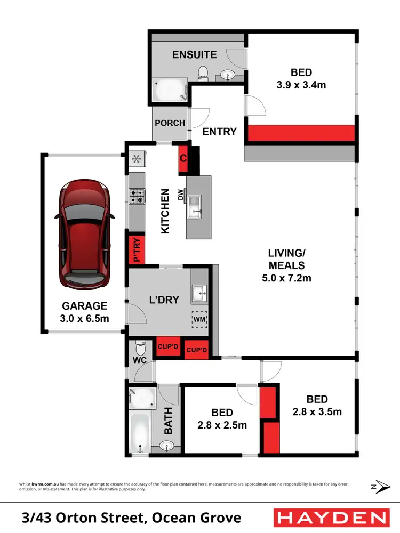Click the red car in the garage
pyautogui.click(x=85, y=235)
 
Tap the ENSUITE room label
pyautogui.click(x=194, y=54)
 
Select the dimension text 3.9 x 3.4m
pyautogui.click(x=301, y=85)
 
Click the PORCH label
pyautogui.click(x=170, y=123)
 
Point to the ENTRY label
pyautogui.click(x=219, y=131)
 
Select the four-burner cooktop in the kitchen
pyautogui.click(x=137, y=196)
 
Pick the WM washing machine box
pyautogui.click(x=200, y=319)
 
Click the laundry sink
pyautogui.click(x=200, y=291)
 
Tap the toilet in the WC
pyautogui.click(x=140, y=349)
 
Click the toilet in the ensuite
pyautogui.click(x=203, y=72)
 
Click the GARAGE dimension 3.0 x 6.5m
pyautogui.click(x=84, y=319)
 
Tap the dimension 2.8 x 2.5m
pyautogui.click(x=222, y=425)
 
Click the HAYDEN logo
pyautogui.click(x=331, y=518)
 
